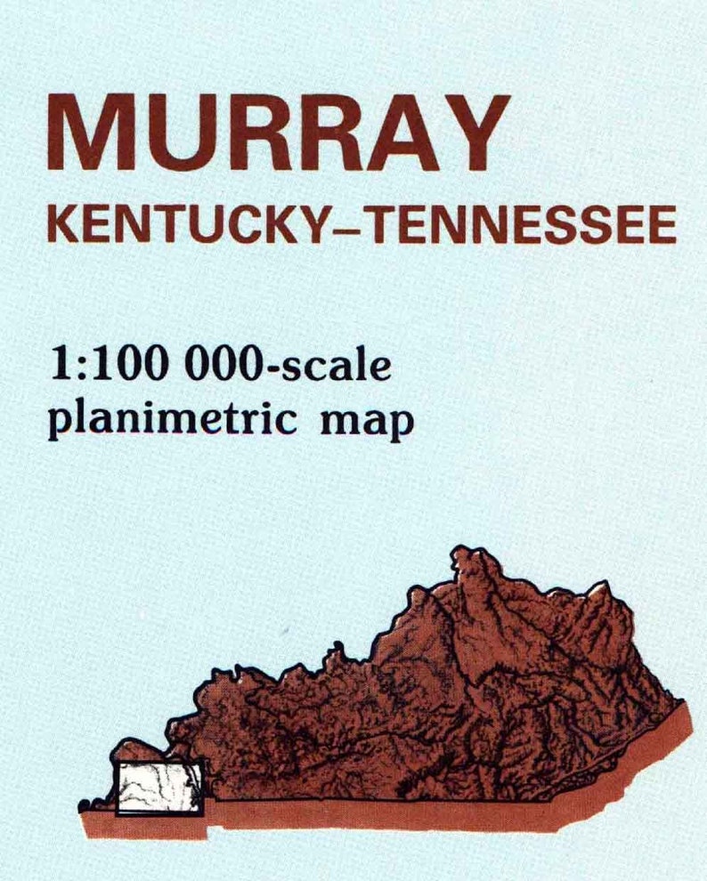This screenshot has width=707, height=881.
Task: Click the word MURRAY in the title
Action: (279, 132)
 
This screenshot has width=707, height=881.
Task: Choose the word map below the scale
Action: (370, 423)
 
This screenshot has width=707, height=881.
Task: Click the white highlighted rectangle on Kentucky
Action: (160, 787)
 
